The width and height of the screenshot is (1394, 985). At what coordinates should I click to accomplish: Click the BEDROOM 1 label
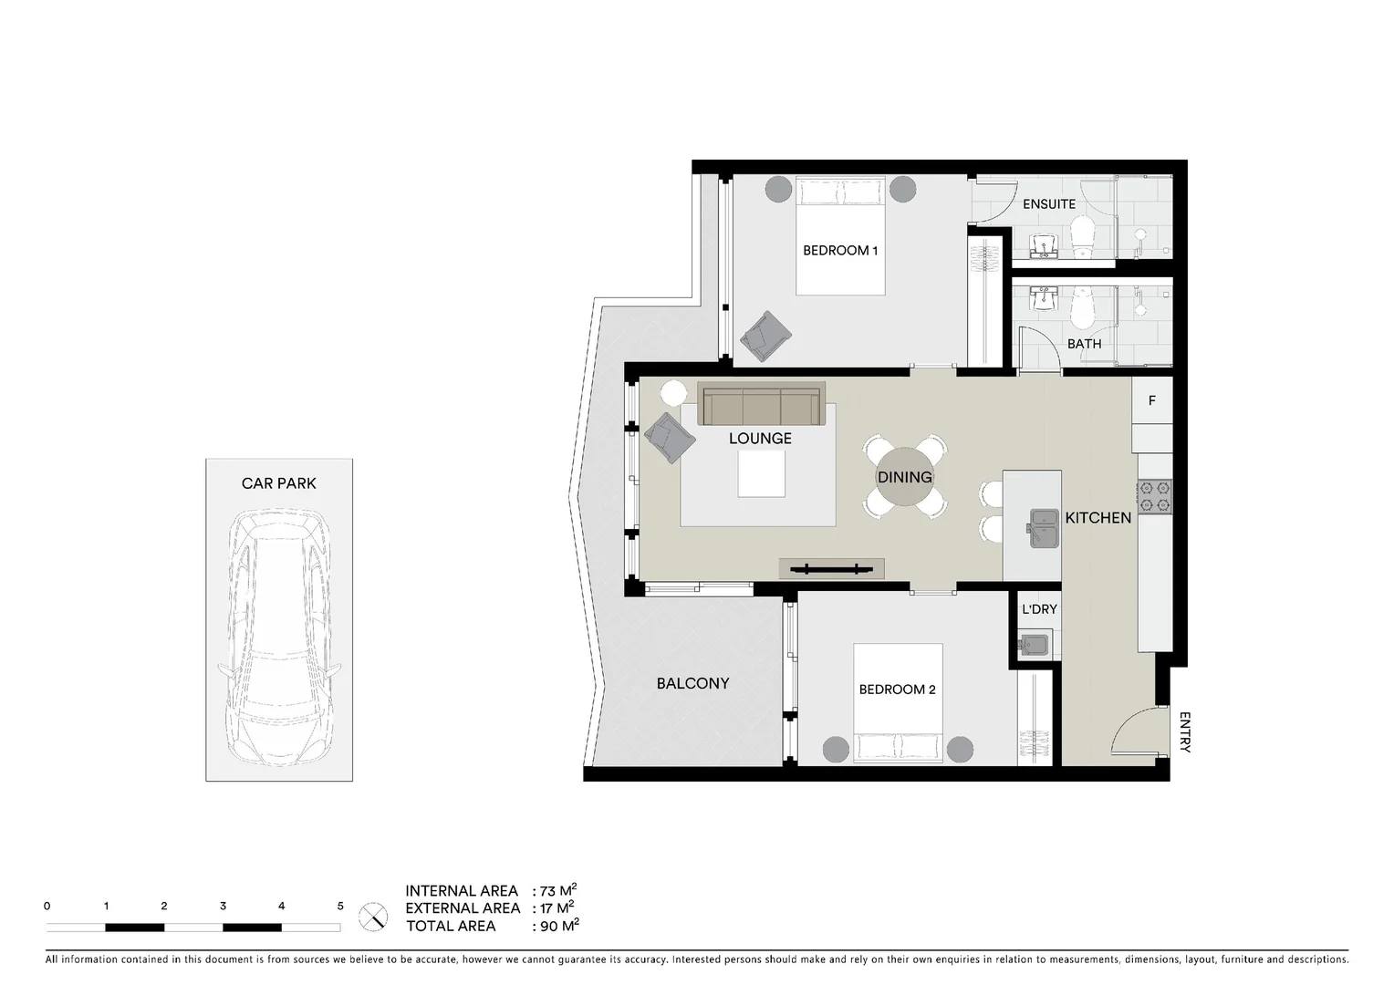pyautogui.click(x=839, y=250)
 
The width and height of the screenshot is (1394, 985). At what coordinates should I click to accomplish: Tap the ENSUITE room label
pyautogui.click(x=1048, y=204)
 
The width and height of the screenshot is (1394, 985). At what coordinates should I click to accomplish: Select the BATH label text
pyautogui.click(x=1084, y=344)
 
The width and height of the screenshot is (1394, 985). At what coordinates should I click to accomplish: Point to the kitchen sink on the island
pyautogui.click(x=1044, y=528)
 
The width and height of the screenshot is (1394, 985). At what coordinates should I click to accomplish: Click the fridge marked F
pyautogui.click(x=1151, y=400)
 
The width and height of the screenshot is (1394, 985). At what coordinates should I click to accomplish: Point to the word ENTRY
pyautogui.click(x=1184, y=731)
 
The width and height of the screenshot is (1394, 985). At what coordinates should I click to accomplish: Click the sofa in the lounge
pyautogui.click(x=761, y=404)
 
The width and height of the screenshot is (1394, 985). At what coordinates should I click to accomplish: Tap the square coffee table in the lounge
pyautogui.click(x=761, y=474)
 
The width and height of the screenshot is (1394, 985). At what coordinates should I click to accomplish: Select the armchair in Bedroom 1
pyautogui.click(x=765, y=336)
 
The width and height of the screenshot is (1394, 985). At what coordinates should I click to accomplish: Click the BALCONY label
pyautogui.click(x=692, y=683)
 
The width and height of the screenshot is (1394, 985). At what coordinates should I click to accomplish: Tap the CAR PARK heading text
pyautogui.click(x=278, y=483)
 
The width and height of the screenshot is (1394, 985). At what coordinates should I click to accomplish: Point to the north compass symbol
pyautogui.click(x=373, y=916)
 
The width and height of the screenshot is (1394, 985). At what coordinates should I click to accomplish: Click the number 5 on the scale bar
pyautogui.click(x=340, y=907)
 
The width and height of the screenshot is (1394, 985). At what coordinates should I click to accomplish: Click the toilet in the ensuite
pyautogui.click(x=1082, y=235)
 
